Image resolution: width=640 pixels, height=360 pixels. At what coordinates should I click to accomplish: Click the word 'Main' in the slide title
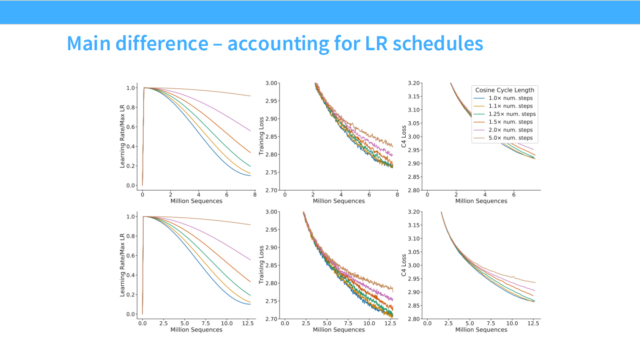click(89, 44)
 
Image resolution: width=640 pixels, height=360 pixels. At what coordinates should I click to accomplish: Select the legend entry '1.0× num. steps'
click(510, 98)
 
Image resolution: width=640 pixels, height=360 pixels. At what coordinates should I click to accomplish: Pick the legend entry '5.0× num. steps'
click(510, 138)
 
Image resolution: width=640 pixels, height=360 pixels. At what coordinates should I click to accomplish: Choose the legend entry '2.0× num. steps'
click(510, 130)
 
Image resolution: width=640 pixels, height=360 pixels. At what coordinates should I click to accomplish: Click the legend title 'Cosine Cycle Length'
click(504, 90)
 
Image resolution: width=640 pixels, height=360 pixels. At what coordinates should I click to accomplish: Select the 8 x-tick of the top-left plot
click(255, 194)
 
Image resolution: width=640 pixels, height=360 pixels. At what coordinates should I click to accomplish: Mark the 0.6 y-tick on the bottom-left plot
click(131, 256)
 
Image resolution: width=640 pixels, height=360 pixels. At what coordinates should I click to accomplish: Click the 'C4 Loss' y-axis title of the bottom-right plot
click(404, 265)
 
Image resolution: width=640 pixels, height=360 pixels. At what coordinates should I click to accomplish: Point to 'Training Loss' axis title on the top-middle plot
click(261, 136)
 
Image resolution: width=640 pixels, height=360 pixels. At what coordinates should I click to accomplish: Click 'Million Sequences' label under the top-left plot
click(196, 201)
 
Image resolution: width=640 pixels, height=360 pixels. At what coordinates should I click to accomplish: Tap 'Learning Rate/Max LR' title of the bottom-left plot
click(122, 265)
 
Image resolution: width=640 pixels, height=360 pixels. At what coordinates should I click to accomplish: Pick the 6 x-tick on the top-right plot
click(514, 194)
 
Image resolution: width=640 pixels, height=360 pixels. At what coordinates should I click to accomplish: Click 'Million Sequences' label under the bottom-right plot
click(481, 330)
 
